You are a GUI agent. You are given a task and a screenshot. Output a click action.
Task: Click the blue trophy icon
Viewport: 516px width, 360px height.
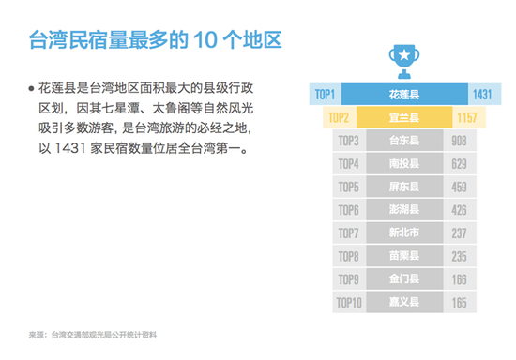pos(404,62)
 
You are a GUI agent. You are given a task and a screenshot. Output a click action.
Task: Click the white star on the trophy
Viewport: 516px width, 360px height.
pos(404,54)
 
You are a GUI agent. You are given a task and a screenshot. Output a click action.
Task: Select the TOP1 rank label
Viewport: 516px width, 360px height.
pos(325,95)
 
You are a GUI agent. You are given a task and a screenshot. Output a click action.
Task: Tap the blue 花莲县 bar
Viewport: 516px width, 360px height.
pos(404,95)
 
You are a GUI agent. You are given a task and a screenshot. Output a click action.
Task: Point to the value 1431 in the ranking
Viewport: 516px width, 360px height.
pos(482,95)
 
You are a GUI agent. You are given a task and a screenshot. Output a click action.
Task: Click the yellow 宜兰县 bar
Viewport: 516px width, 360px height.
pos(404,117)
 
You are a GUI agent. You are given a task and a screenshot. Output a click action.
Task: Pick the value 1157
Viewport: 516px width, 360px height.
pos(466,118)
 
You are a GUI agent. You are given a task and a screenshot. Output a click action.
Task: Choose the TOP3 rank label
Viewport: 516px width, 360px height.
pos(348,141)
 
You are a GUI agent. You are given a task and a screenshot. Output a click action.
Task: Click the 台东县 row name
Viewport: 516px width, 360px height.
pos(404,141)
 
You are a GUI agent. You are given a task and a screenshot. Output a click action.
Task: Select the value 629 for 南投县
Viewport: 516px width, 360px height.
pos(459,164)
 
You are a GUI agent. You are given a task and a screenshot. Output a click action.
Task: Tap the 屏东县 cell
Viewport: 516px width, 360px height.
pos(404,187)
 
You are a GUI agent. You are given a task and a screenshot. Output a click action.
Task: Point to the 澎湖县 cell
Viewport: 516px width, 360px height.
pos(404,210)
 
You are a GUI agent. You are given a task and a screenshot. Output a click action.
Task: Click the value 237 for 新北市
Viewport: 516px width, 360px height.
pos(459,233)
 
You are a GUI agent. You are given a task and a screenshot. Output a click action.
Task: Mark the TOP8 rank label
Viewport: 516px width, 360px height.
pos(348,257)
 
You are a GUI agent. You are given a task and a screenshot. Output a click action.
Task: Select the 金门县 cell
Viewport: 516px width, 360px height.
pos(404,279)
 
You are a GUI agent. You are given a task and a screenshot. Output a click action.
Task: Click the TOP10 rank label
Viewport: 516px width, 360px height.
pos(349,303)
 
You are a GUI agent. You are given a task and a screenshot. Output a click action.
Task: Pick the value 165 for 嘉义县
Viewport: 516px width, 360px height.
pos(459,303)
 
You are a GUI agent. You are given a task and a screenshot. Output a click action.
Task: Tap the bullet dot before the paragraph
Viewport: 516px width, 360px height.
pos(31,88)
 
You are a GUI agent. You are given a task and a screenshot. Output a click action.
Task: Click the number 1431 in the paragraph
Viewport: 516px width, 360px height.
pos(69,148)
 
